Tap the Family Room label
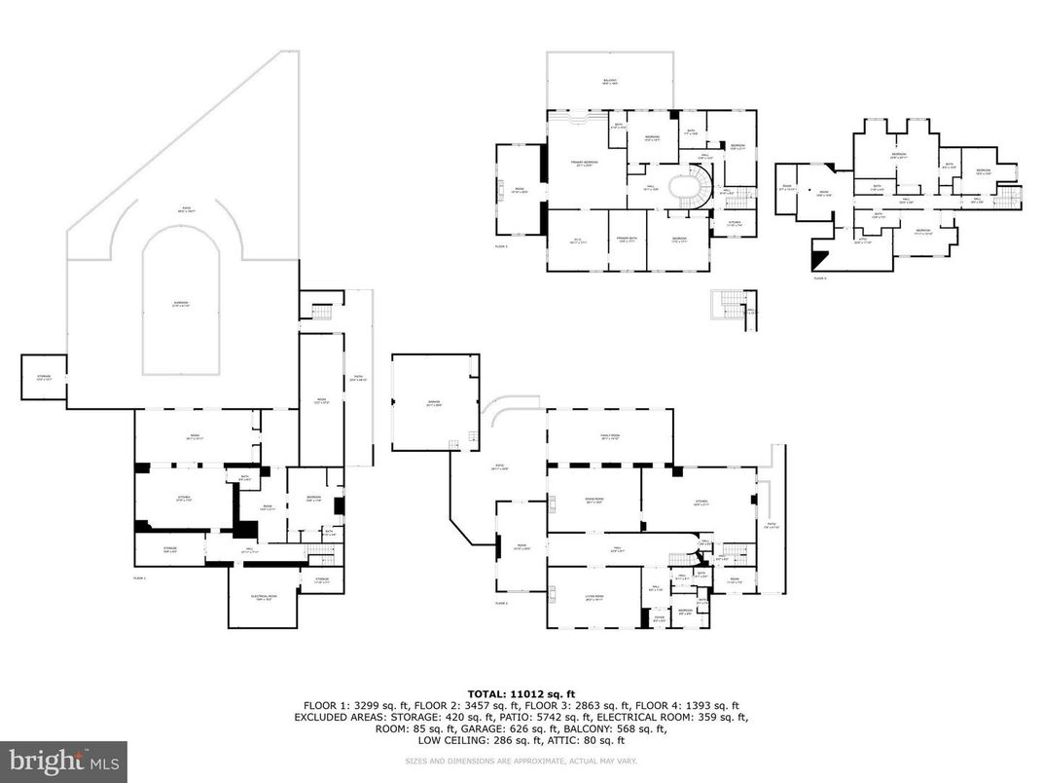pyautogui.click(x=610, y=437)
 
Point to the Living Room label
pyautogui.click(x=593, y=597)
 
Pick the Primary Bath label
pyautogui.click(x=623, y=240)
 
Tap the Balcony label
pyautogui.click(x=609, y=82)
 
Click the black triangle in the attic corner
pyautogui.click(x=815, y=258)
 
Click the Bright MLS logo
pyautogui.click(x=63, y=759)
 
